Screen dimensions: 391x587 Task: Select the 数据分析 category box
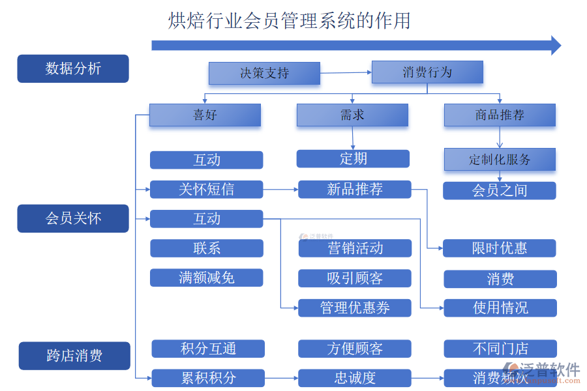(73, 68)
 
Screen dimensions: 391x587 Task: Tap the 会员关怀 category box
(73, 218)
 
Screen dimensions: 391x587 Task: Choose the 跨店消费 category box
(74, 356)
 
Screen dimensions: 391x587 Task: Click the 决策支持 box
(264, 74)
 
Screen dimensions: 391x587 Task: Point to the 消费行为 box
(427, 72)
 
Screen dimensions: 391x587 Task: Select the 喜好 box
(205, 115)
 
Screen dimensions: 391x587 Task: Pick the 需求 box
(352, 115)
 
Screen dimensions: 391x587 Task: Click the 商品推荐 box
(500, 115)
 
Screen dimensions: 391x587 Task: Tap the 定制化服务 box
(500, 160)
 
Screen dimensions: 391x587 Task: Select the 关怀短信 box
(206, 190)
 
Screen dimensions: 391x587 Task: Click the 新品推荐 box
(355, 190)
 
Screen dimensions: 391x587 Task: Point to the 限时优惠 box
(500, 248)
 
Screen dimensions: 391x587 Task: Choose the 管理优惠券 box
(355, 308)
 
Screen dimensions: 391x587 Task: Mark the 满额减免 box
(206, 278)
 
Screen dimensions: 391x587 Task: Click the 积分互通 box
(208, 349)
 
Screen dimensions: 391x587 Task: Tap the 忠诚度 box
(355, 378)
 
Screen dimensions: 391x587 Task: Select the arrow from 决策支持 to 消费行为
(346, 73)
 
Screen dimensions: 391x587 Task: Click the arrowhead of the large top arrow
(556, 45)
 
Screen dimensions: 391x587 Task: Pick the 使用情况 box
(500, 308)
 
